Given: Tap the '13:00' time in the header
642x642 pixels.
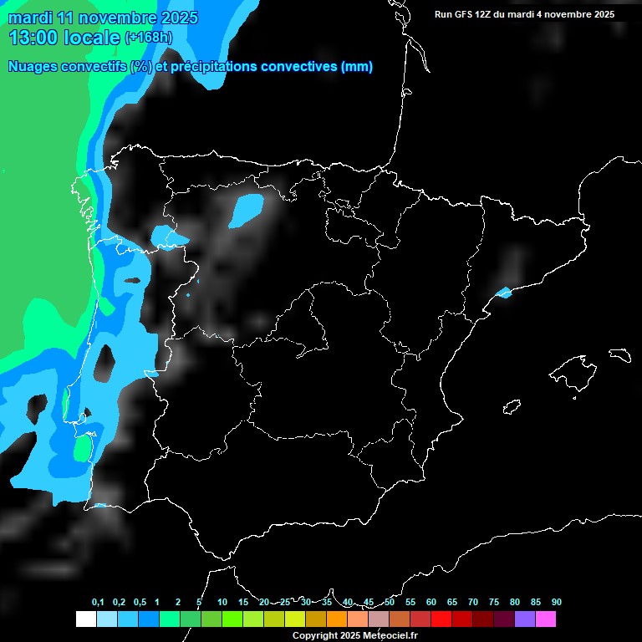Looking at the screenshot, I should click(33, 37).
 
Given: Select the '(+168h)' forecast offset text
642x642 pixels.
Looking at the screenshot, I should click(148, 37).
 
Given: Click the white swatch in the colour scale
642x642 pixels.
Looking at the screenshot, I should click(85, 619).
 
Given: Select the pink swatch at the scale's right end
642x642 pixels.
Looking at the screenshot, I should click(545, 619).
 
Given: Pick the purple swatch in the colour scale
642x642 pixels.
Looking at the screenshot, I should click(524, 619).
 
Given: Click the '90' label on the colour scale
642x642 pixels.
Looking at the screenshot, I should click(557, 603).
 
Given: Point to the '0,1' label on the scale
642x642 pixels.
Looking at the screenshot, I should click(98, 603).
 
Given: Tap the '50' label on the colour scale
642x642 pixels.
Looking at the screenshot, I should click(390, 603).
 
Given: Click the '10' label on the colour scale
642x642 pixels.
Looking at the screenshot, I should click(222, 603).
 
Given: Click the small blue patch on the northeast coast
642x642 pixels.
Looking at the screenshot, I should click(504, 293).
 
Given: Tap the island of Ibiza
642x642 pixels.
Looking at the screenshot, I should click(512, 407).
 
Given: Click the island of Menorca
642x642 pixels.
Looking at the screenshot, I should click(619, 354).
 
